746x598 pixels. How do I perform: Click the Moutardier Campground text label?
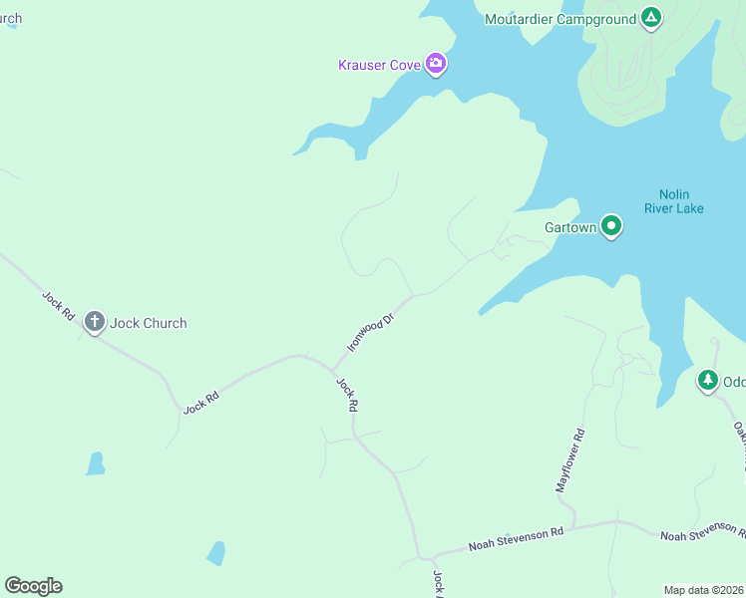tap(559, 19)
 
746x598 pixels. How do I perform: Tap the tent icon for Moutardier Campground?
tap(650, 17)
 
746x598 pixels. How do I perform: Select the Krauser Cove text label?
tap(379, 66)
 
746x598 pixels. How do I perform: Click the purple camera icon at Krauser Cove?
tap(436, 64)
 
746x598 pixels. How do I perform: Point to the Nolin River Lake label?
tap(681, 201)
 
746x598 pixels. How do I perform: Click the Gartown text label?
tap(570, 227)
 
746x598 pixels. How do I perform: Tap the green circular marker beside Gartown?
tap(611, 226)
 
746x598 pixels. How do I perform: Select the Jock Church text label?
tap(149, 323)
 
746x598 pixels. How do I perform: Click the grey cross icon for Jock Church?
tap(95, 321)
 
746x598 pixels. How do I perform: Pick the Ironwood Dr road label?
tap(371, 330)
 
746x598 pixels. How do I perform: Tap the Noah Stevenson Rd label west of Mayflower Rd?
tap(516, 538)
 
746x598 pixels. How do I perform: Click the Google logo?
tap(33, 586)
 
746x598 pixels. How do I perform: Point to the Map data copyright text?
tap(703, 590)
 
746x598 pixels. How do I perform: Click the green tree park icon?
tap(707, 380)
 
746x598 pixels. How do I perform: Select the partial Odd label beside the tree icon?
tap(734, 382)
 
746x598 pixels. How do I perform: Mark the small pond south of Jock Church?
tap(95, 463)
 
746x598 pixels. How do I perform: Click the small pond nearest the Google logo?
tap(215, 553)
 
